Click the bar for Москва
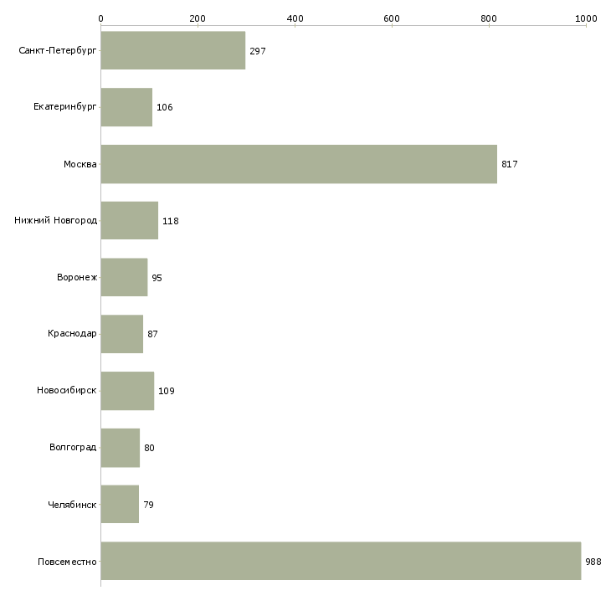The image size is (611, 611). [299, 164]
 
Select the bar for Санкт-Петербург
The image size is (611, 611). [173, 50]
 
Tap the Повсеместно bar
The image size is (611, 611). [341, 561]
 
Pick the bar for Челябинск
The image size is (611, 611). [120, 504]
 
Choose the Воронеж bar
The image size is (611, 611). [125, 277]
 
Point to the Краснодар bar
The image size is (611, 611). [122, 334]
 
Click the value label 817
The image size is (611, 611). [509, 164]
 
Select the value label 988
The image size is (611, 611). [593, 562]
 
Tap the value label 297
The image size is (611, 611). [258, 51]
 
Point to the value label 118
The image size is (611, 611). [170, 221]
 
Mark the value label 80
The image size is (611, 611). [149, 448]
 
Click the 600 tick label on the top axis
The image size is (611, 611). [392, 18]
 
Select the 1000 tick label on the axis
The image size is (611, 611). [586, 18]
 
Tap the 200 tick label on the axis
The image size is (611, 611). [198, 18]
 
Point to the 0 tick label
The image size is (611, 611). [100, 18]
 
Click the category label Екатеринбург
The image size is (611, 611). [64, 107]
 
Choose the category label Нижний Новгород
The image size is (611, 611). [56, 220]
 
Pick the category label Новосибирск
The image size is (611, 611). [67, 390]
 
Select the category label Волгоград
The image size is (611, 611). [73, 447]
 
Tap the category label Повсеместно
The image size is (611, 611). [67, 562]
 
